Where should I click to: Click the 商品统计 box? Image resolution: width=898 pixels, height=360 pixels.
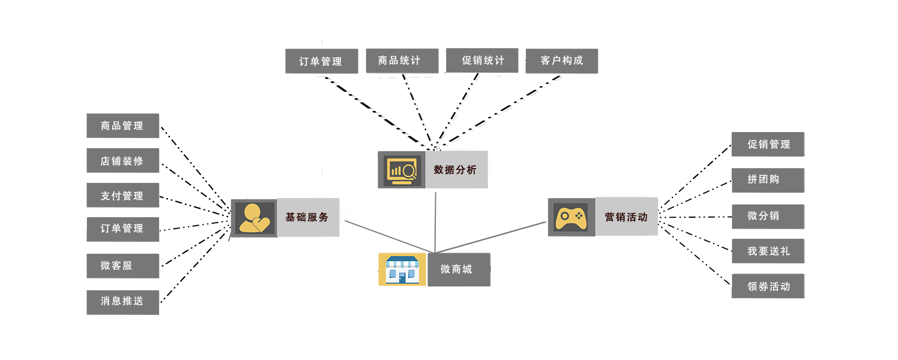399,61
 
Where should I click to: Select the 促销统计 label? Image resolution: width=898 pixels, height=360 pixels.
483,61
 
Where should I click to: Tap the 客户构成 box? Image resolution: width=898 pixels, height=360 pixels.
562,61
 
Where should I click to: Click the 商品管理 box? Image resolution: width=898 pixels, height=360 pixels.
122,126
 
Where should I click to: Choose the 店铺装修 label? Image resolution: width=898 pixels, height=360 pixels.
122,161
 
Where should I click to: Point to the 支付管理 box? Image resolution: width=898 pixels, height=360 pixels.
122,196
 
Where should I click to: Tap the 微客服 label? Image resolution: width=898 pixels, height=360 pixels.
116,265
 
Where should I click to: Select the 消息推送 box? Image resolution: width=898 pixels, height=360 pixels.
122,301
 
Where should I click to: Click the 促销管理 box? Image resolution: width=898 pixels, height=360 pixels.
768,145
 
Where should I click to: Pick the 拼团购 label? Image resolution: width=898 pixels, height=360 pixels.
764,179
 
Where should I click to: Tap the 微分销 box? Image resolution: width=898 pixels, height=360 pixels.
764,215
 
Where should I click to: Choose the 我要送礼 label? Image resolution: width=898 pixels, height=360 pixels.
768,251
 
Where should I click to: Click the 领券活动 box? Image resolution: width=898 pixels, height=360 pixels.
768,286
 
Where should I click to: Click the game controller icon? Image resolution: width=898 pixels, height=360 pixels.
571,217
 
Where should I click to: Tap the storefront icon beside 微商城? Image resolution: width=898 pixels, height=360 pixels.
402,269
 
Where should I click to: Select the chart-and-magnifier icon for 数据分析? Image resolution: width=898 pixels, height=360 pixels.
401,170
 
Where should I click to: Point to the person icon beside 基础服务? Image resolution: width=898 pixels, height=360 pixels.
254,217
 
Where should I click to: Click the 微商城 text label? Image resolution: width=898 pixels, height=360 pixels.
456,269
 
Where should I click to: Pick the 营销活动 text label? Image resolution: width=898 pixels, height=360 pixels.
626,217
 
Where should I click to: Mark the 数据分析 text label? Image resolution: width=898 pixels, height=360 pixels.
455,170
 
